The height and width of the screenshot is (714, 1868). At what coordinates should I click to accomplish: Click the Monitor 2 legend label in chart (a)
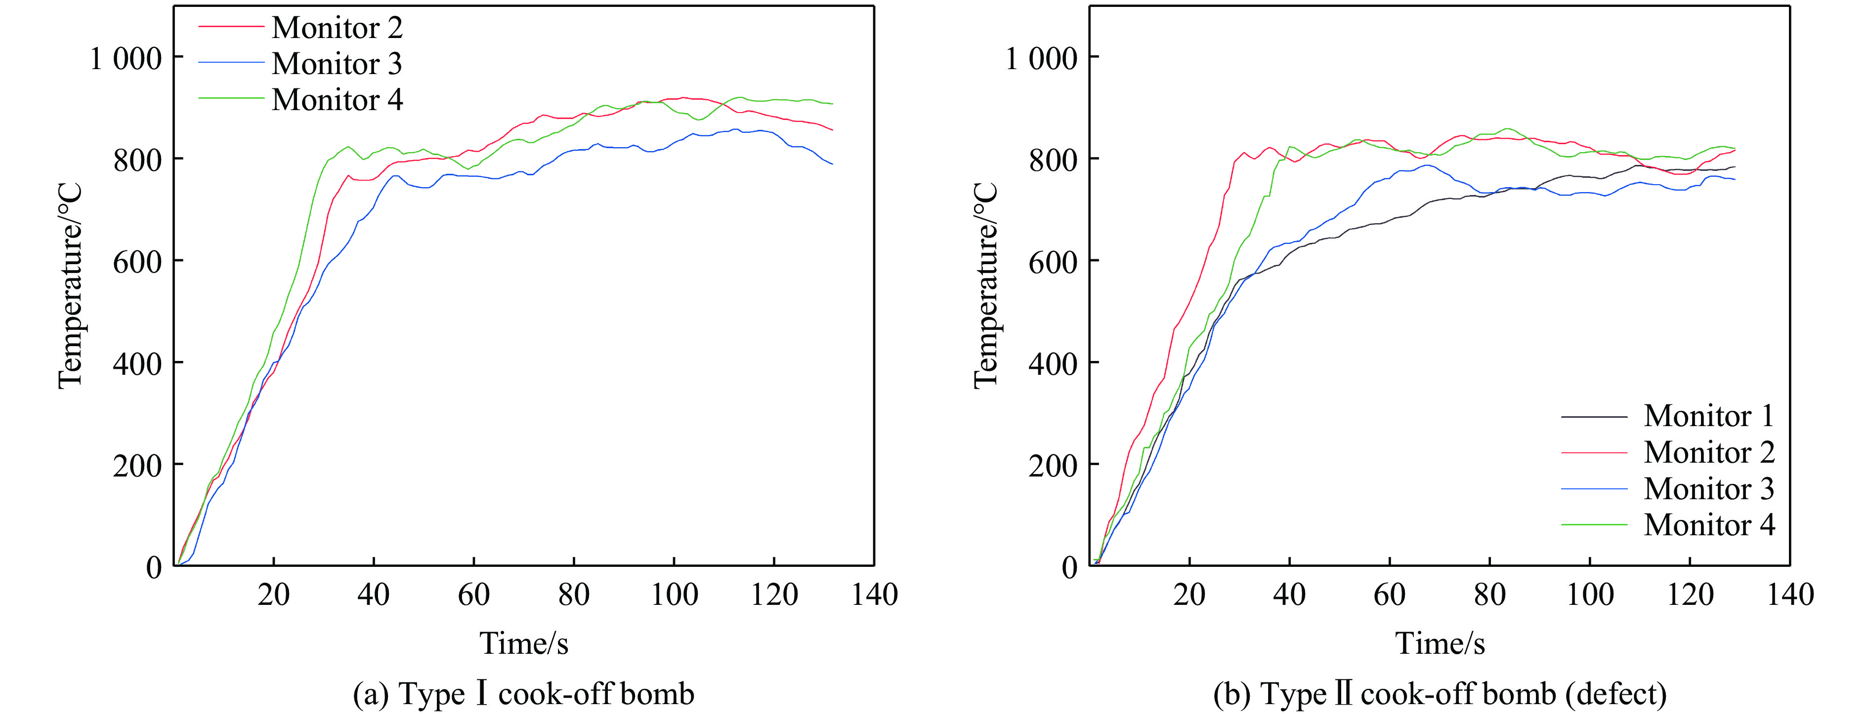tap(337, 28)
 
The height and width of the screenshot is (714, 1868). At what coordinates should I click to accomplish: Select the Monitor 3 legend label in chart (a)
tap(337, 64)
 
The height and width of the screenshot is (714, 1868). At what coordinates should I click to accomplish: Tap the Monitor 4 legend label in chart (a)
tap(337, 100)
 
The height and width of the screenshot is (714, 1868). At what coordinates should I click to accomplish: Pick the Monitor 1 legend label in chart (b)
tap(1708, 416)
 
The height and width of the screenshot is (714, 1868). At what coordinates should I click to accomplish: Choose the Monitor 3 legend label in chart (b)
tap(1708, 488)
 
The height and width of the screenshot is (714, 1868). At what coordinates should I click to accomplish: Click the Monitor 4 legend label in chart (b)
tap(1708, 525)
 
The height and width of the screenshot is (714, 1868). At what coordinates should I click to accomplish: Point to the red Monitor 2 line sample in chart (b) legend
tap(1594, 452)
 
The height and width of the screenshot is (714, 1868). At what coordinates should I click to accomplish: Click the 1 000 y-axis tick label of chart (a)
tap(125, 58)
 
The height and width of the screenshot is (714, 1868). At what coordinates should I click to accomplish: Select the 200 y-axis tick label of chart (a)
tap(137, 465)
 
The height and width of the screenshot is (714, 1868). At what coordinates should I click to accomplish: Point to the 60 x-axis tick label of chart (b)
tap(1390, 595)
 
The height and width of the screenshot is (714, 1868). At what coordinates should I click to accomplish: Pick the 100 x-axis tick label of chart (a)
tap(675, 595)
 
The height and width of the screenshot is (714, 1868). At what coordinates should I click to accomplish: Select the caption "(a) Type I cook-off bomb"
tap(523, 694)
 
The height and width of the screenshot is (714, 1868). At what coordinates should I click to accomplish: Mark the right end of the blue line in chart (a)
tap(832, 164)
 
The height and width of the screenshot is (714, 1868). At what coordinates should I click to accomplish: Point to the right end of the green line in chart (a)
tap(832, 104)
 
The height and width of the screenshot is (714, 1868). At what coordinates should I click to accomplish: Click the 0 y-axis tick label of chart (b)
tap(1069, 567)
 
